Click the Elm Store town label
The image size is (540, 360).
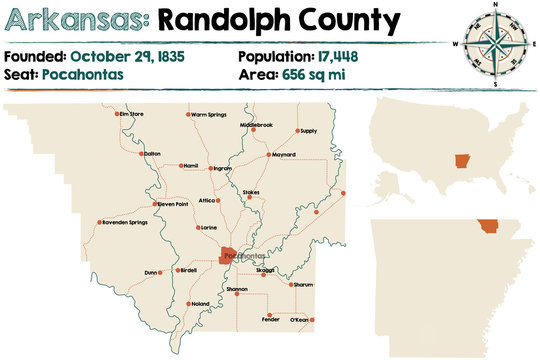pos(132,114)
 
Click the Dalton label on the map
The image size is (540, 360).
pos(152,153)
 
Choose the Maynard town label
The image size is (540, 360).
pos(284,154)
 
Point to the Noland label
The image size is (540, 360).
pos(200,303)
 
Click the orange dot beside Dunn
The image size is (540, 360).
pos(162,272)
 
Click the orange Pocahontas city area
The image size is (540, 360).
pos(230,257)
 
